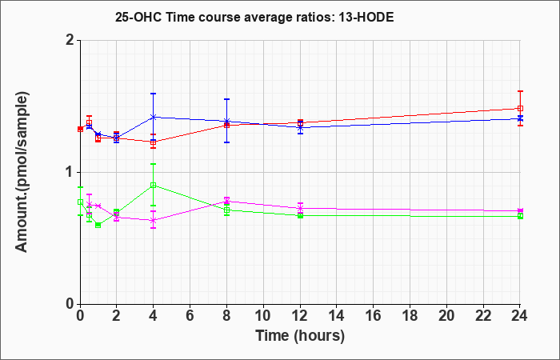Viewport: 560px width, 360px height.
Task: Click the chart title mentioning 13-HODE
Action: (254, 17)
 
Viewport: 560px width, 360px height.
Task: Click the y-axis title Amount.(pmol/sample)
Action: (22, 172)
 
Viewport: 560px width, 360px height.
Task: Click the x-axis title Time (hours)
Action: (300, 336)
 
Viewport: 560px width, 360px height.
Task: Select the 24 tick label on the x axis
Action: (520, 316)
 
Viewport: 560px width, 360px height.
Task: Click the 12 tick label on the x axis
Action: (300, 316)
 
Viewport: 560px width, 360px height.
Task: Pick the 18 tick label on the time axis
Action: (410, 316)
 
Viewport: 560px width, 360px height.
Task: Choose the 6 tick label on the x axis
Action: (190, 316)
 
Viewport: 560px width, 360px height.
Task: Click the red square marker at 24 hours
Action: (520, 108)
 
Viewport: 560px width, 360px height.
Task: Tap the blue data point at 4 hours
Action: (154, 117)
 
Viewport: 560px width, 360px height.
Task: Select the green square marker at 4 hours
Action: (154, 185)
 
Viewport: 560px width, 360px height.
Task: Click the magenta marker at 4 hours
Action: (154, 220)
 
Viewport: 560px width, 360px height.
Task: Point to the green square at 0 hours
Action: (80, 202)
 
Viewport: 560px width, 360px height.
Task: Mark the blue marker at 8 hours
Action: (226, 121)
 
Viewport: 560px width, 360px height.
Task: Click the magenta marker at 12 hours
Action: (300, 208)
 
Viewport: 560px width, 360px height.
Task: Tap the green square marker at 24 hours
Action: (520, 216)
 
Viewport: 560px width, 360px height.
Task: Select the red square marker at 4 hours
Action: (154, 142)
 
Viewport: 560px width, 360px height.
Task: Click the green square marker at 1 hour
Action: (98, 225)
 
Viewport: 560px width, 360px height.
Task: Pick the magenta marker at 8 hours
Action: (226, 202)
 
